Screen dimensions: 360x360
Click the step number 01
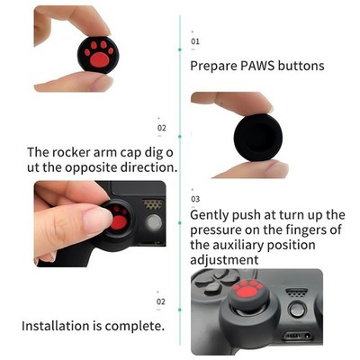pyautogui.click(x=195, y=41)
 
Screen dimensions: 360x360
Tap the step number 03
pyautogui.click(x=195, y=199)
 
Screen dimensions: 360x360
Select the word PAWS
pyautogui.click(x=257, y=66)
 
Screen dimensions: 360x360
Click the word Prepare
pyautogui.click(x=213, y=66)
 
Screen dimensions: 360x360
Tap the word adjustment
pyautogui.click(x=224, y=259)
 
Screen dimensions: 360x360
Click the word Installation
pyautogui.click(x=56, y=326)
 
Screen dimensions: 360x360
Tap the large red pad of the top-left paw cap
pyautogui.click(x=99, y=59)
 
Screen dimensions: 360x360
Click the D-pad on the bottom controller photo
pyautogui.click(x=212, y=282)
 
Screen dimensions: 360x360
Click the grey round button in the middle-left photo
pyautogui.click(x=154, y=223)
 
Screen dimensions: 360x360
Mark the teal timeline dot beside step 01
pyautogui.click(x=180, y=49)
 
